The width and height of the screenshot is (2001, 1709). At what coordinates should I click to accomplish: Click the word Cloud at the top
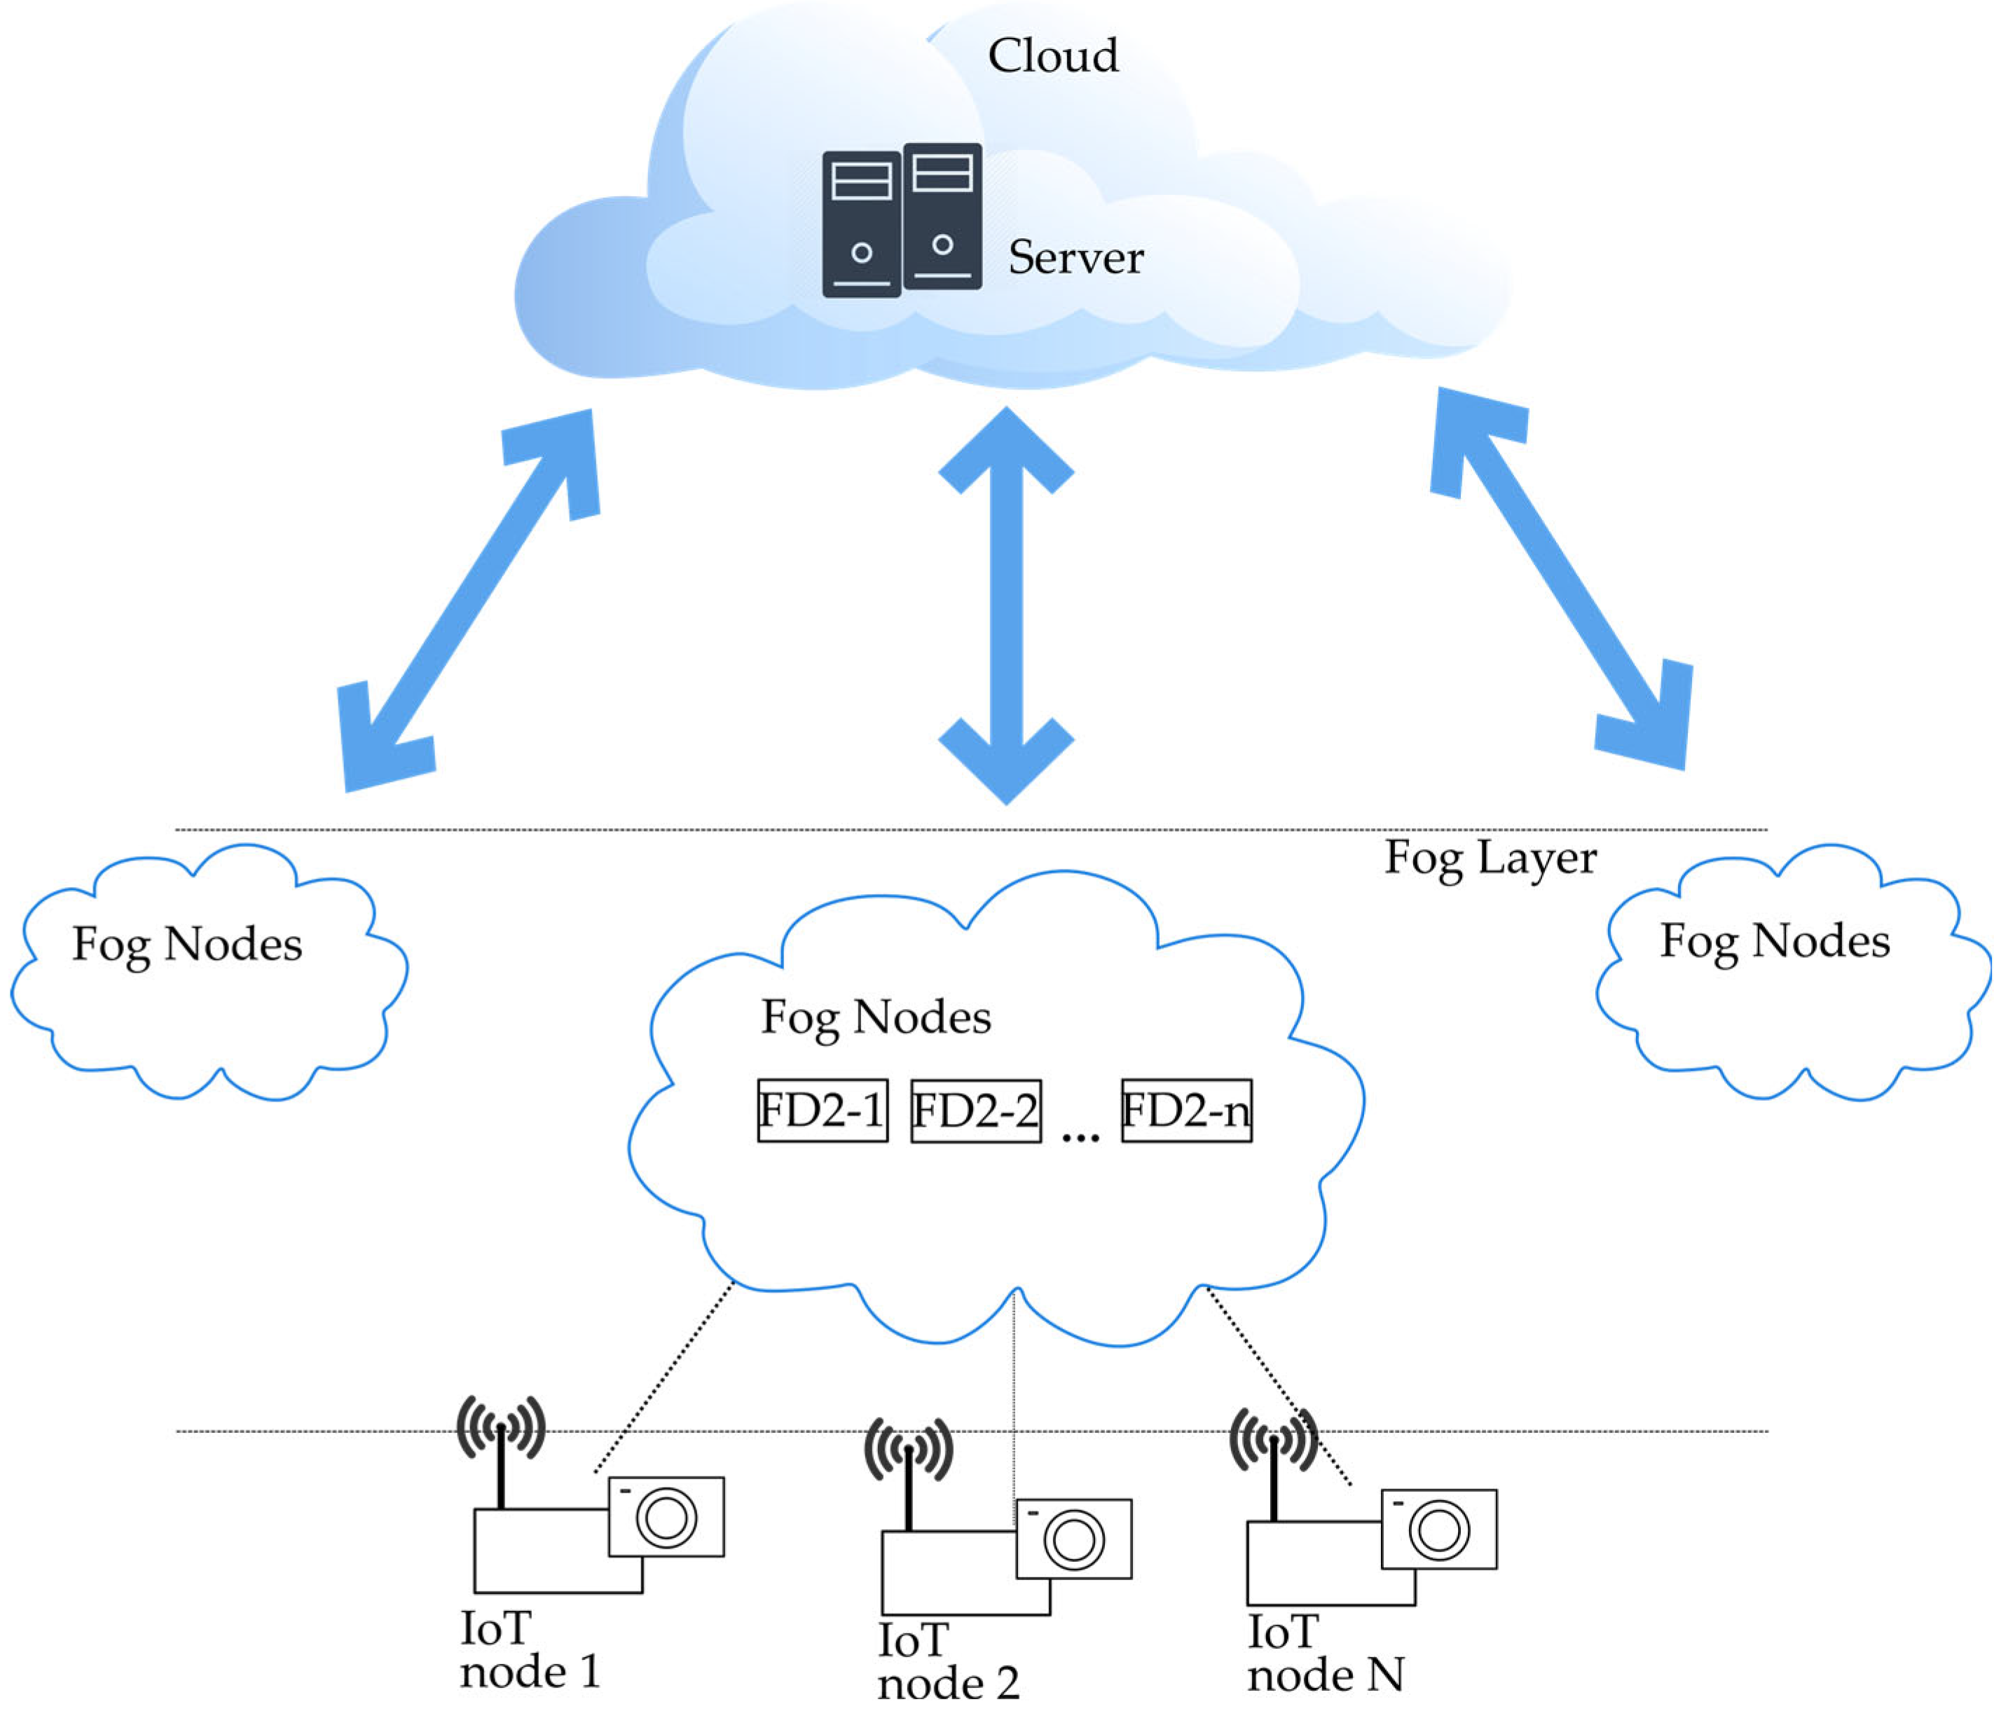click(x=1052, y=56)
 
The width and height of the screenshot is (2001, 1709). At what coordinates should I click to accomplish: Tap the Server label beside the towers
click(x=1076, y=258)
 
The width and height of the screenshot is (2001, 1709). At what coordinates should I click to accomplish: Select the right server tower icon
click(x=942, y=217)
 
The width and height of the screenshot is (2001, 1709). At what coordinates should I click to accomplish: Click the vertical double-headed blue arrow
click(x=1006, y=605)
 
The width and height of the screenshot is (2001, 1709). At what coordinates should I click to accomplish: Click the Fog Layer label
click(x=1490, y=858)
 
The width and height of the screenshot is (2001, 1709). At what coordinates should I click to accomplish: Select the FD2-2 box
click(x=975, y=1111)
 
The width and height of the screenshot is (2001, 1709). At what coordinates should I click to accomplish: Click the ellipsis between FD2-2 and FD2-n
click(x=1080, y=1136)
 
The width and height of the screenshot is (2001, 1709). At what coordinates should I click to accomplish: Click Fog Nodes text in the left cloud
click(x=187, y=945)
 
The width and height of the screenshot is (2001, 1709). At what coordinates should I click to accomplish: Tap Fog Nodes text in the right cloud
click(x=1774, y=942)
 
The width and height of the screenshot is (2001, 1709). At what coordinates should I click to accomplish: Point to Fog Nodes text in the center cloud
click(x=876, y=1018)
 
